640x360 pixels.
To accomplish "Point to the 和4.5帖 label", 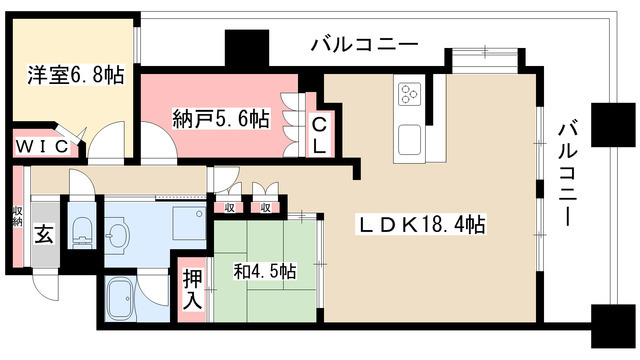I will [x=264, y=271].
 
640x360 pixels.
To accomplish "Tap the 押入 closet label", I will [x=193, y=289].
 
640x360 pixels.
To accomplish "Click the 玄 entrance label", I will [x=46, y=235].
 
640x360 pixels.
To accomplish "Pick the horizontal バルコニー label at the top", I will [x=363, y=44].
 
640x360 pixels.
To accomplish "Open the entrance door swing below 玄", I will [x=45, y=285].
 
